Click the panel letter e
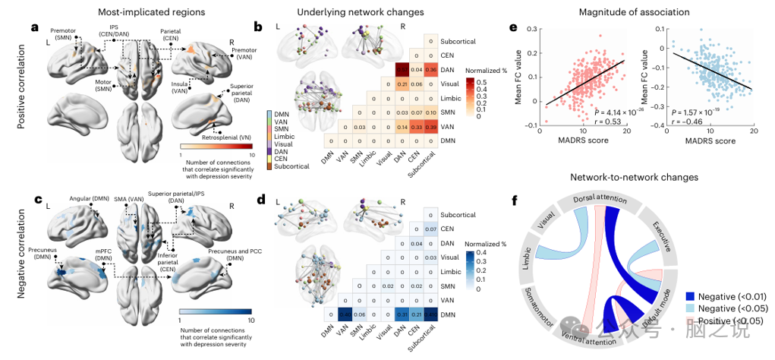point(513,28)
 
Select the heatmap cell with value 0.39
point(430,127)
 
